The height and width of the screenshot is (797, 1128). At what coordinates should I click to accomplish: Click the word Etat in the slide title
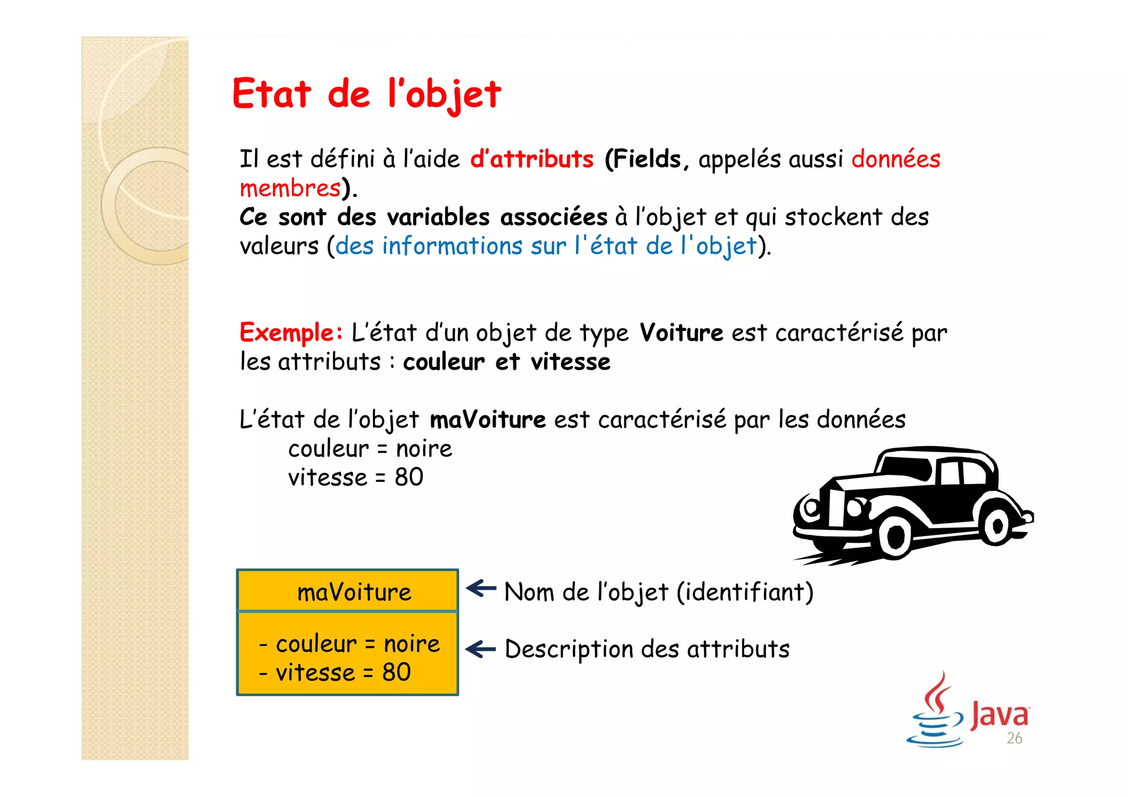point(272,94)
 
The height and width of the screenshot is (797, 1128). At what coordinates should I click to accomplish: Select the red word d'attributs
point(532,159)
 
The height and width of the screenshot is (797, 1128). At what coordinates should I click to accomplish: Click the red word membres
point(290,188)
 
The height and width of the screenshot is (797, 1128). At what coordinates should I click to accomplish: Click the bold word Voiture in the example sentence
point(681,333)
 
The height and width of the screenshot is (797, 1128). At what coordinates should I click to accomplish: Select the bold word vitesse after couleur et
point(571,362)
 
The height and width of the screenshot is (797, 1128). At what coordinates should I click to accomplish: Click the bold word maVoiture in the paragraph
point(487,420)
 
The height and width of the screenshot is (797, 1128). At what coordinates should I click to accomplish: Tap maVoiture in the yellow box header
point(354,592)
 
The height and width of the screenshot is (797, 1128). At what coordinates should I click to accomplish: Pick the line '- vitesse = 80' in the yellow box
point(335,673)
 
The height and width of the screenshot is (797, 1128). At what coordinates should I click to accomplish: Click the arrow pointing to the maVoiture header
point(481,588)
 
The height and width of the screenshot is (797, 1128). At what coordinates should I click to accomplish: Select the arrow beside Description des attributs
point(481,649)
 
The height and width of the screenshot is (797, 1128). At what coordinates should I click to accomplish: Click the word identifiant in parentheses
point(745,592)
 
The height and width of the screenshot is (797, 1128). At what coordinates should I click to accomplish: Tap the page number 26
point(1014,738)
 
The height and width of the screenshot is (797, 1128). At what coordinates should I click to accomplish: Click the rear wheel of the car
point(996,525)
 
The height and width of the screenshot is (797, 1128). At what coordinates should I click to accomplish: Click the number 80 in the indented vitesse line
point(409,477)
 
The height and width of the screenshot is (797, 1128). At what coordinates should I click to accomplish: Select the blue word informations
point(452,246)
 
